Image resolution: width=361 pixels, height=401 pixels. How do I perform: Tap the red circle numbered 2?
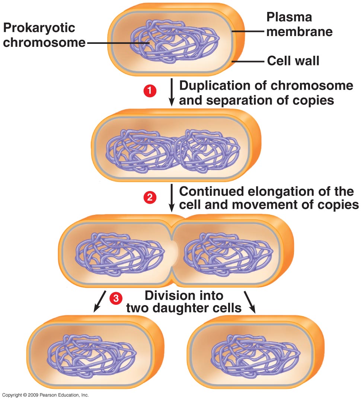click(150, 198)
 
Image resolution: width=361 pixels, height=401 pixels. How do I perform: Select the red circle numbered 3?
click(116, 298)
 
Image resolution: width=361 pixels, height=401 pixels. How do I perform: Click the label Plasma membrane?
click(299, 25)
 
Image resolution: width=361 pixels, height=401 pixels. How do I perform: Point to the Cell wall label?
click(293, 61)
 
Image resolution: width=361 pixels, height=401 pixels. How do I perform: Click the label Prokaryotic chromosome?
click(44, 35)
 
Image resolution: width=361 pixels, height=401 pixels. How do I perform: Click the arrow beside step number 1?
click(172, 92)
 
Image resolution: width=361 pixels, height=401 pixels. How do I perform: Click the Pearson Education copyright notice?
click(45, 395)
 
